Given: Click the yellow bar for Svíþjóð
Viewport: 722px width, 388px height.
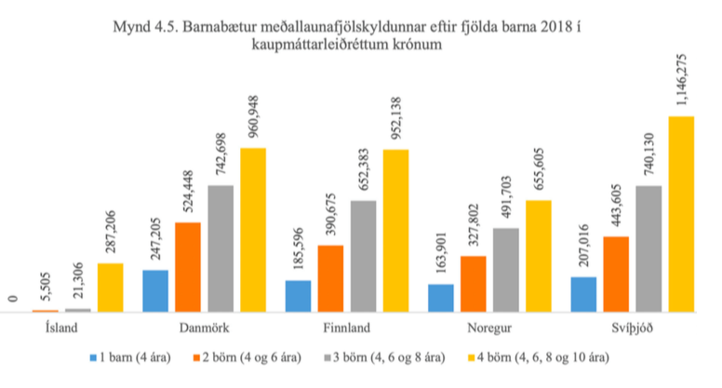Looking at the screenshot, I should click(682, 215).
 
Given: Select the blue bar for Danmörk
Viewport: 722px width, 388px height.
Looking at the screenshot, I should click(155, 291).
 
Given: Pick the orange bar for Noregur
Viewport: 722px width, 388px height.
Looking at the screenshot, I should click(473, 284).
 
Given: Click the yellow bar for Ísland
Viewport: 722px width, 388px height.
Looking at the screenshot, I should click(110, 288).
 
